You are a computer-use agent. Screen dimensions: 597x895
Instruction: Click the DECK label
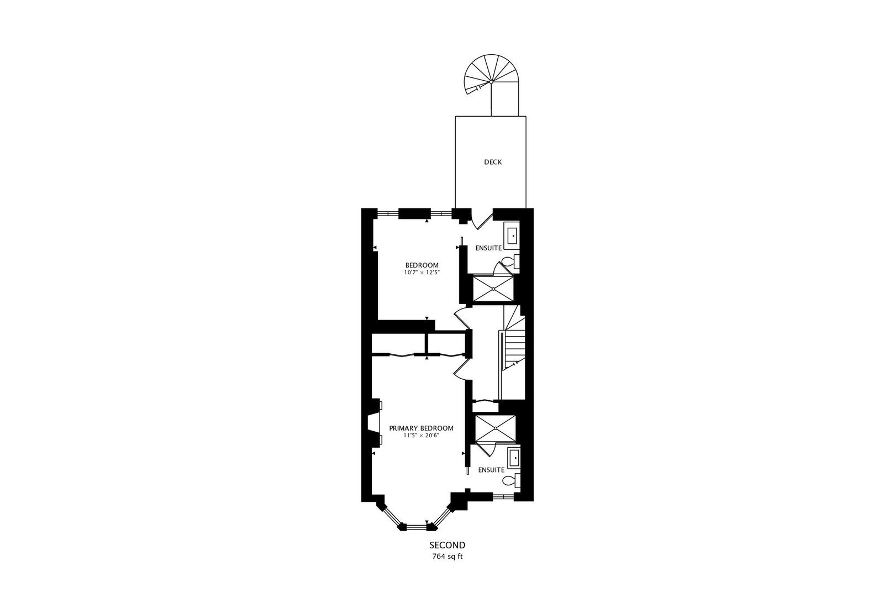(493, 162)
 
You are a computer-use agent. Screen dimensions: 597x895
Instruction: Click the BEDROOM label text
(422, 264)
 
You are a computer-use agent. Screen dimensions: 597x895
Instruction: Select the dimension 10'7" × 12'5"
(422, 272)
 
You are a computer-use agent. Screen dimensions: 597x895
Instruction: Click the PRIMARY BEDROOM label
(421, 428)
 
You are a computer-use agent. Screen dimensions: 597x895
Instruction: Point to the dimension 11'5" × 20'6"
(421, 436)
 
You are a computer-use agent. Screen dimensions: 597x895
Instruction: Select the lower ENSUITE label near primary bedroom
(491, 470)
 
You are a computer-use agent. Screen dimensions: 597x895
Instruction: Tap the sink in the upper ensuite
(513, 235)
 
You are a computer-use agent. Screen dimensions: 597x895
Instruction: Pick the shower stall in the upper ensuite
(493, 289)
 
